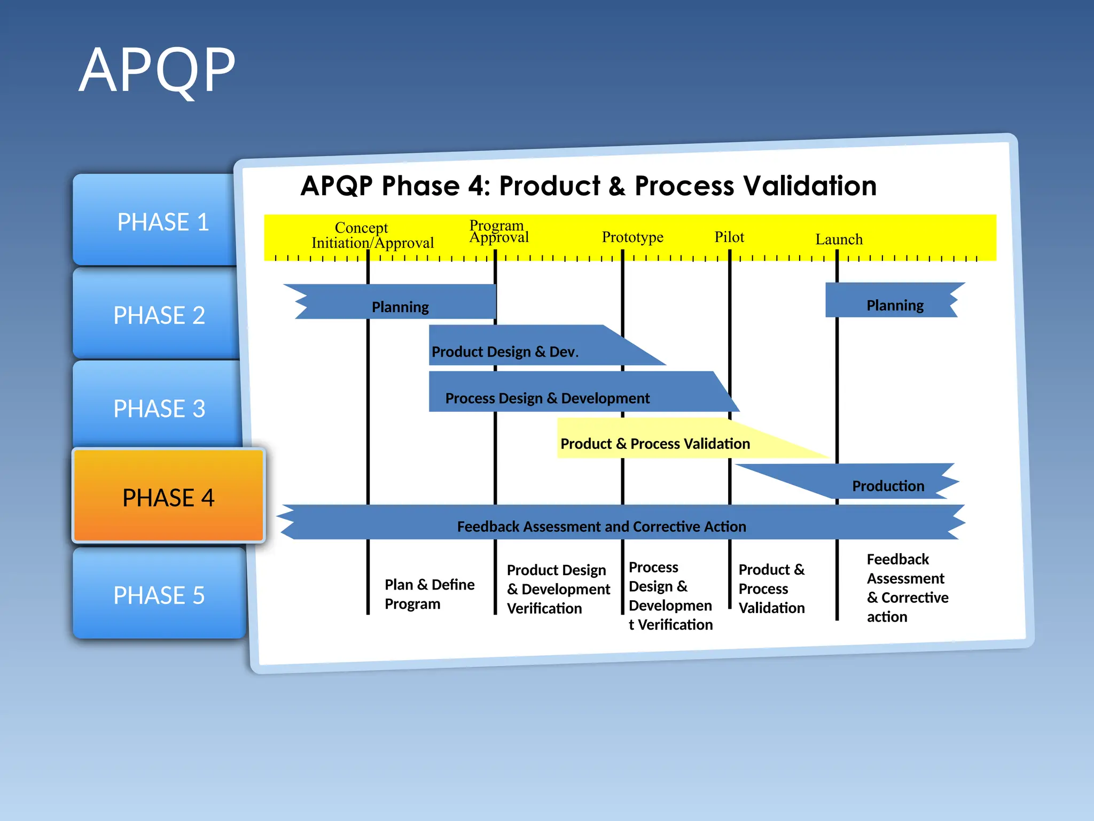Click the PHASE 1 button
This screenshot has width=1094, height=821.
click(x=158, y=221)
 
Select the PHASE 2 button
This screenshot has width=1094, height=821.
click(x=158, y=315)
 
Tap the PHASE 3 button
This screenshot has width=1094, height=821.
click(x=158, y=408)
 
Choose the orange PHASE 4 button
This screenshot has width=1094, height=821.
click(x=168, y=497)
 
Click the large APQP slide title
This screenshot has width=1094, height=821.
click(x=157, y=71)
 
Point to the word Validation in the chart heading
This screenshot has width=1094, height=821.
click(x=809, y=186)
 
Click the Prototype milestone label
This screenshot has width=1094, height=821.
click(x=632, y=237)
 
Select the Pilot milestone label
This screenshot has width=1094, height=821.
click(x=729, y=237)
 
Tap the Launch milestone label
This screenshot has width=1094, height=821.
click(x=839, y=239)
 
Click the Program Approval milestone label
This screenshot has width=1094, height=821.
click(x=498, y=231)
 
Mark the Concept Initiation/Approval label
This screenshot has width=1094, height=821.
click(x=372, y=235)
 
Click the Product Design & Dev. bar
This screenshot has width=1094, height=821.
click(x=505, y=351)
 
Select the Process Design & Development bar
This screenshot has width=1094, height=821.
click(x=547, y=398)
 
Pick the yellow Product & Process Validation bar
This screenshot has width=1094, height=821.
click(x=655, y=443)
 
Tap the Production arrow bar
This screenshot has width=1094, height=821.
click(x=887, y=485)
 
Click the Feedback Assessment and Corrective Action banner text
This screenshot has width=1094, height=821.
click(x=601, y=526)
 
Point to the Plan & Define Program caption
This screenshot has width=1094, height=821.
click(x=429, y=594)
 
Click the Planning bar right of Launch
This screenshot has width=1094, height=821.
click(x=894, y=305)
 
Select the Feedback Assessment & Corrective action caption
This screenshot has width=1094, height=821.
click(x=907, y=587)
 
